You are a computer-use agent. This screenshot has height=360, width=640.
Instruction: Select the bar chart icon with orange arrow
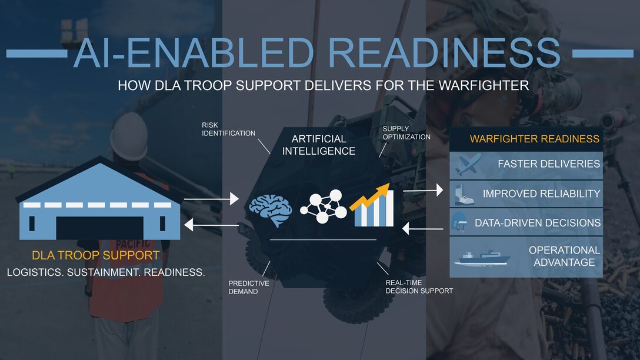pos(373,205)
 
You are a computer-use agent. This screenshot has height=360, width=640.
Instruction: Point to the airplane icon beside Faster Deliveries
pos(468,164)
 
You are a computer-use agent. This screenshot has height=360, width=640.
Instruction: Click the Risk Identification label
pos(228,129)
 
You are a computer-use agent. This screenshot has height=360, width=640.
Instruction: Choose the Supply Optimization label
pos(406,132)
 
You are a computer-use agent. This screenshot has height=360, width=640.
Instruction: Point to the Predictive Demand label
pos(249,287)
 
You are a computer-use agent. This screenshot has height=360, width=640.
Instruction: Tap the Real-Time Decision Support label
pos(419,286)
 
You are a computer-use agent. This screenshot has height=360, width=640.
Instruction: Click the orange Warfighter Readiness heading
pos(534,139)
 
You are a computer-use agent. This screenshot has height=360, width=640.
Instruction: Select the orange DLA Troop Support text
pos(96,255)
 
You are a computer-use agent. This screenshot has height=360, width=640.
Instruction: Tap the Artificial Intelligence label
pos(319,145)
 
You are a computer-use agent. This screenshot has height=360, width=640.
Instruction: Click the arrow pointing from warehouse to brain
pos(211,200)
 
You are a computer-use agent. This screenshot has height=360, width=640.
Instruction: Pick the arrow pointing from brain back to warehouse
pos(211,224)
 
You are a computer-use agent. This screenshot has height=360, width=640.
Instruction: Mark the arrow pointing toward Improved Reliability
pos(422,191)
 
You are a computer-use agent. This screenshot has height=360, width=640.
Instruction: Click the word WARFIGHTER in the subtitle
pos(484,85)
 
